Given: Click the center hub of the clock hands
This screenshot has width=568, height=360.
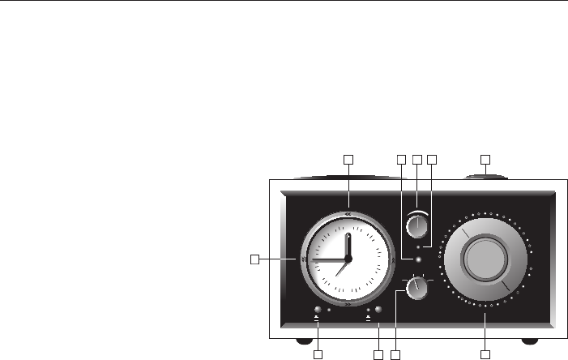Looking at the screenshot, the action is coord(348,258).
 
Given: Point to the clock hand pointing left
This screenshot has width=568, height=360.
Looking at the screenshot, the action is coord(327,257).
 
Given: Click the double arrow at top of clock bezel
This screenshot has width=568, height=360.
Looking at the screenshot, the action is coord(348,214).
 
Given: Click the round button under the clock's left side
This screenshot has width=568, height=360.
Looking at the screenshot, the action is coord(317,310).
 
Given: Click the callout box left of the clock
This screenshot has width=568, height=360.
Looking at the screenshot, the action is coord(254,259).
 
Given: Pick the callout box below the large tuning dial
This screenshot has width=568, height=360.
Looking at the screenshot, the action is coord(485,355).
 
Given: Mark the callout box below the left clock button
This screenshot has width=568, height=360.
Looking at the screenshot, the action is coord(318,355).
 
